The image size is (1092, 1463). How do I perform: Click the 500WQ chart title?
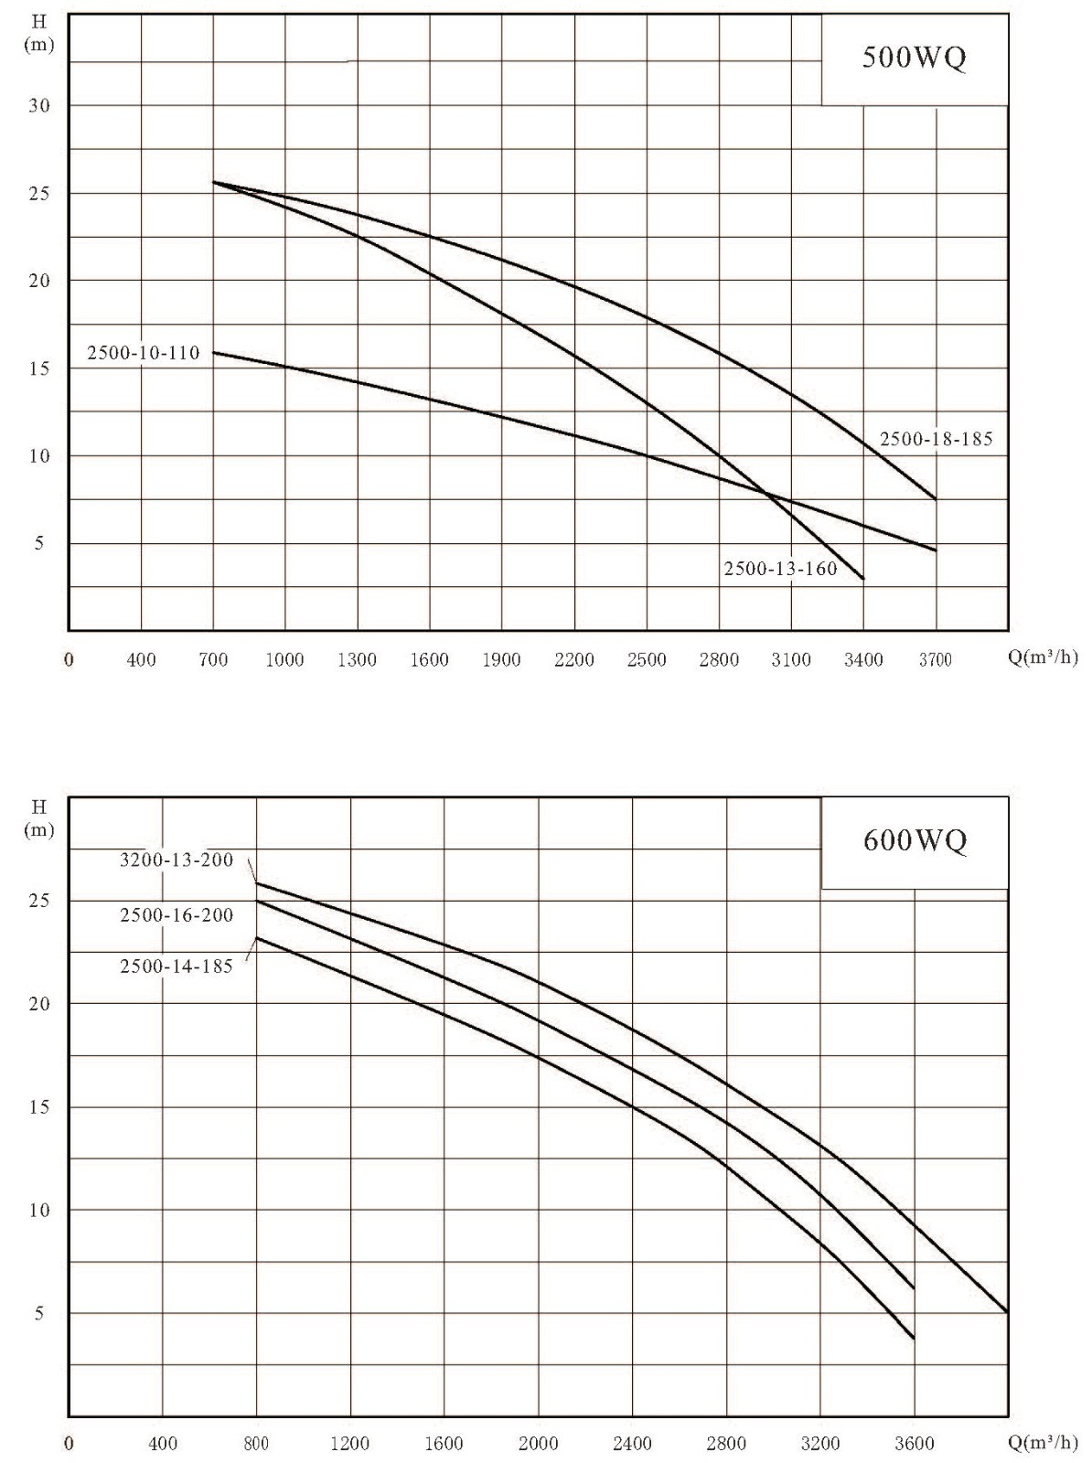(914, 58)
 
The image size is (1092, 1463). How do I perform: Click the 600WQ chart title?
(914, 840)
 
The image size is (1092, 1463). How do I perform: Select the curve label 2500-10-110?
(144, 353)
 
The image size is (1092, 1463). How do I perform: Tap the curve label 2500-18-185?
(936, 439)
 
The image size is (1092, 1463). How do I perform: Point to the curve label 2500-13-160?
(781, 569)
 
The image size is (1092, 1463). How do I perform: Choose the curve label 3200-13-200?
(177, 860)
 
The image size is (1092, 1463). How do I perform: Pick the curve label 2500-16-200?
(177, 916)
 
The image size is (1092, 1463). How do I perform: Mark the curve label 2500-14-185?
(177, 966)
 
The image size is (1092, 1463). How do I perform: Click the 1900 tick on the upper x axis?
(501, 660)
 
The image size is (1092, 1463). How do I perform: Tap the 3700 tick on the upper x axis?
(936, 660)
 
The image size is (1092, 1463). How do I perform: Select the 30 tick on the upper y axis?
(39, 105)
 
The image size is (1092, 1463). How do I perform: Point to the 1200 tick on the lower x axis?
(350, 1442)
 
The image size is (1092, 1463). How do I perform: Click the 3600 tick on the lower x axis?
(914, 1442)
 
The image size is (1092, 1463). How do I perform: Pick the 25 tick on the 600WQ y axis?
(39, 902)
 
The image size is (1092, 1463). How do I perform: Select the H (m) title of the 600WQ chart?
(39, 819)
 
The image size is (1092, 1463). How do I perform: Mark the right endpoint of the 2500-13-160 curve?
(864, 579)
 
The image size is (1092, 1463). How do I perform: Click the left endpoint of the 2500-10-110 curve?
(213, 352)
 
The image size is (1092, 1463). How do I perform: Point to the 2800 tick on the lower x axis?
(727, 1442)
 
